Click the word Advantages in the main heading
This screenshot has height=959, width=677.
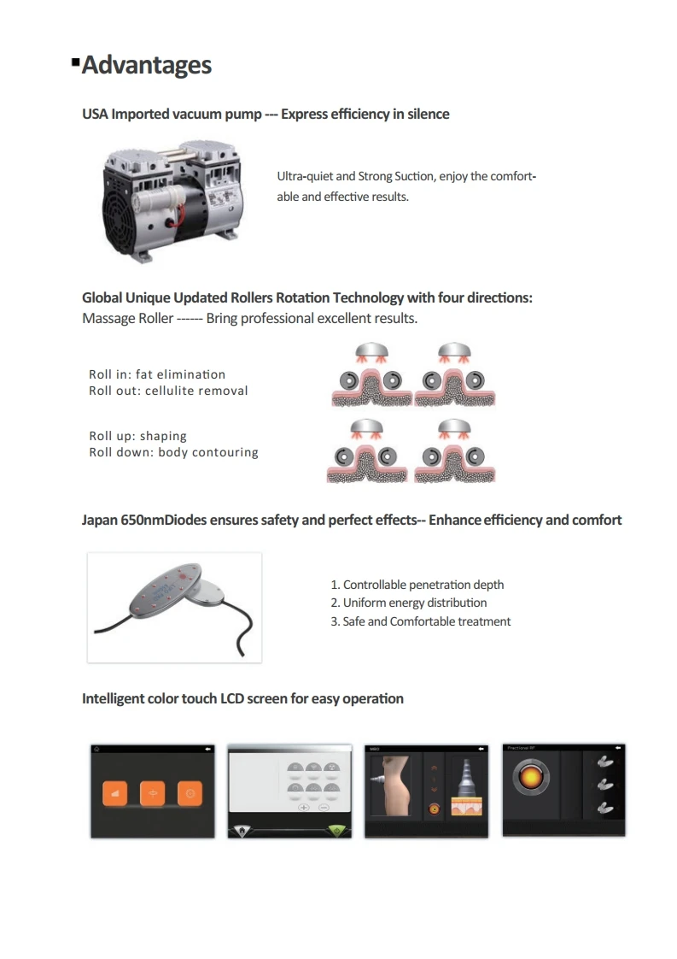pos(146,65)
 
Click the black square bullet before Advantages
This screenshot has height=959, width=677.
pos(76,62)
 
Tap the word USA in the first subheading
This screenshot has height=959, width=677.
pos(95,114)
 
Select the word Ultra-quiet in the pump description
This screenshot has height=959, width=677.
pos(304,176)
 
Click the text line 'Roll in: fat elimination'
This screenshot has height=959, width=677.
pos(157,374)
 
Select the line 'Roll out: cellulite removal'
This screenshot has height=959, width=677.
pos(168,391)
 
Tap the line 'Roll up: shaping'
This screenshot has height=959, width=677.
pos(137,436)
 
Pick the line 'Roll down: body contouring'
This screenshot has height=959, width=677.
pos(173,452)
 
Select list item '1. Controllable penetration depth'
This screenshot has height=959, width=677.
pos(417,585)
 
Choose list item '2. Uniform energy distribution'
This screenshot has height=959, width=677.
pos(408,603)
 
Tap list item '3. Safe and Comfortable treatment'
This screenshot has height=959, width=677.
pos(420,621)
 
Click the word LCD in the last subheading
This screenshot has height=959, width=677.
pos(231,698)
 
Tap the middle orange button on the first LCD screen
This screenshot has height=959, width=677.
pos(153,793)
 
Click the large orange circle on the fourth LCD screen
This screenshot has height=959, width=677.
pos(530,778)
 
